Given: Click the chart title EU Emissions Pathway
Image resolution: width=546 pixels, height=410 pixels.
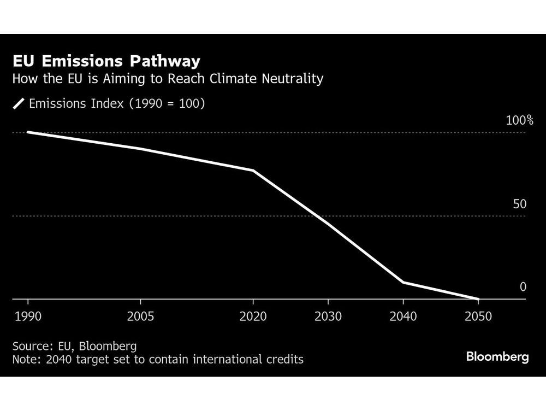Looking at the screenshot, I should pos(106,61).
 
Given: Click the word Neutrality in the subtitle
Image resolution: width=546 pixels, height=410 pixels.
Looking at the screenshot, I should pos(292,79).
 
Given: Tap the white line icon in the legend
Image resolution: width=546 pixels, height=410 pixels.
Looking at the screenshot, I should pos(19,104).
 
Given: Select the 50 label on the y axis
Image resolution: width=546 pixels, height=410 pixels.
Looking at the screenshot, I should pos(520,204).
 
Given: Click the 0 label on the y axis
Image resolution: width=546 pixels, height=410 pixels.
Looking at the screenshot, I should pos(523,287).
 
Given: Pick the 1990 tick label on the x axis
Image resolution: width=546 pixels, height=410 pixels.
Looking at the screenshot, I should pos(28,317).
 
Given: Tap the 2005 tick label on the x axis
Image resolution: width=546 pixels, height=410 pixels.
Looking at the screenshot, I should pos(141,317).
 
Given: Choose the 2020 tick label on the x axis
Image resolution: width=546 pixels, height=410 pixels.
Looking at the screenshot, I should pos(253,317).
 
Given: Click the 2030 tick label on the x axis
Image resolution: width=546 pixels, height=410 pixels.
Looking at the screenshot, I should pos(328,317).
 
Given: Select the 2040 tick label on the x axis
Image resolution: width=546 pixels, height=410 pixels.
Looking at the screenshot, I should pos(403,317).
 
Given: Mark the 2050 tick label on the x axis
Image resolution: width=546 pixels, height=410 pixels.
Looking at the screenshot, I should pos(478,317).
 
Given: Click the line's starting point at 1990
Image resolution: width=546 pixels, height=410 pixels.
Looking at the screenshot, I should pos(28,132).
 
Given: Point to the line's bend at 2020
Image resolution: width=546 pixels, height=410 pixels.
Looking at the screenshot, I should pos(253,171).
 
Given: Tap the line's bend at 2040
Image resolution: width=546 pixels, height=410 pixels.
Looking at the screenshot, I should pos(403,282).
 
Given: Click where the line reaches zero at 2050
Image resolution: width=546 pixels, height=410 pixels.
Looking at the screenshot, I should pos(478,299).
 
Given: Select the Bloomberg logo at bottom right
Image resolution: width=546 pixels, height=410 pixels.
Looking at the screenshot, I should pos(497,357).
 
